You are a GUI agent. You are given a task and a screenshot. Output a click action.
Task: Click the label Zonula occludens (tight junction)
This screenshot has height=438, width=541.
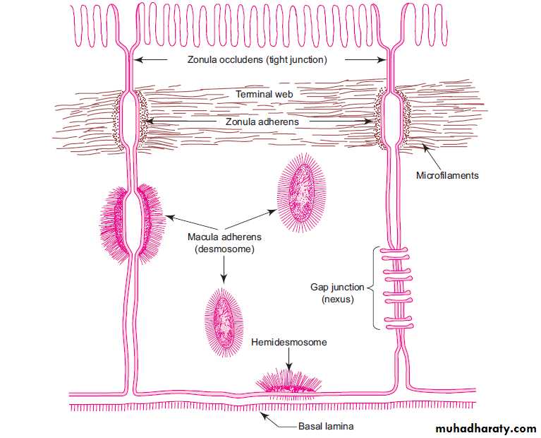[257, 60]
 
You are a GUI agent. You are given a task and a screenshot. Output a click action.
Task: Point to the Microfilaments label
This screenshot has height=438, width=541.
[447, 175]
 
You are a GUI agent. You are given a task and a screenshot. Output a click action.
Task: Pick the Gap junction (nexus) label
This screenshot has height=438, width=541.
[337, 293]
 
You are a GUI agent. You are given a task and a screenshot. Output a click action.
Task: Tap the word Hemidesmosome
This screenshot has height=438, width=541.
[289, 342]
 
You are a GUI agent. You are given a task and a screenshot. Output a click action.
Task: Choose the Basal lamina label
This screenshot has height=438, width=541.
[325, 427]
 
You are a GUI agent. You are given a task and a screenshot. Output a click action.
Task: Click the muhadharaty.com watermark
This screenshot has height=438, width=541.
[486, 428]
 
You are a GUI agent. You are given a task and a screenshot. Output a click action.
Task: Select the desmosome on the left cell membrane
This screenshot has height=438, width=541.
[134, 220]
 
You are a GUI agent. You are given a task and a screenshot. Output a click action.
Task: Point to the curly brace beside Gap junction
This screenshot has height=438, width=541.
[373, 288]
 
